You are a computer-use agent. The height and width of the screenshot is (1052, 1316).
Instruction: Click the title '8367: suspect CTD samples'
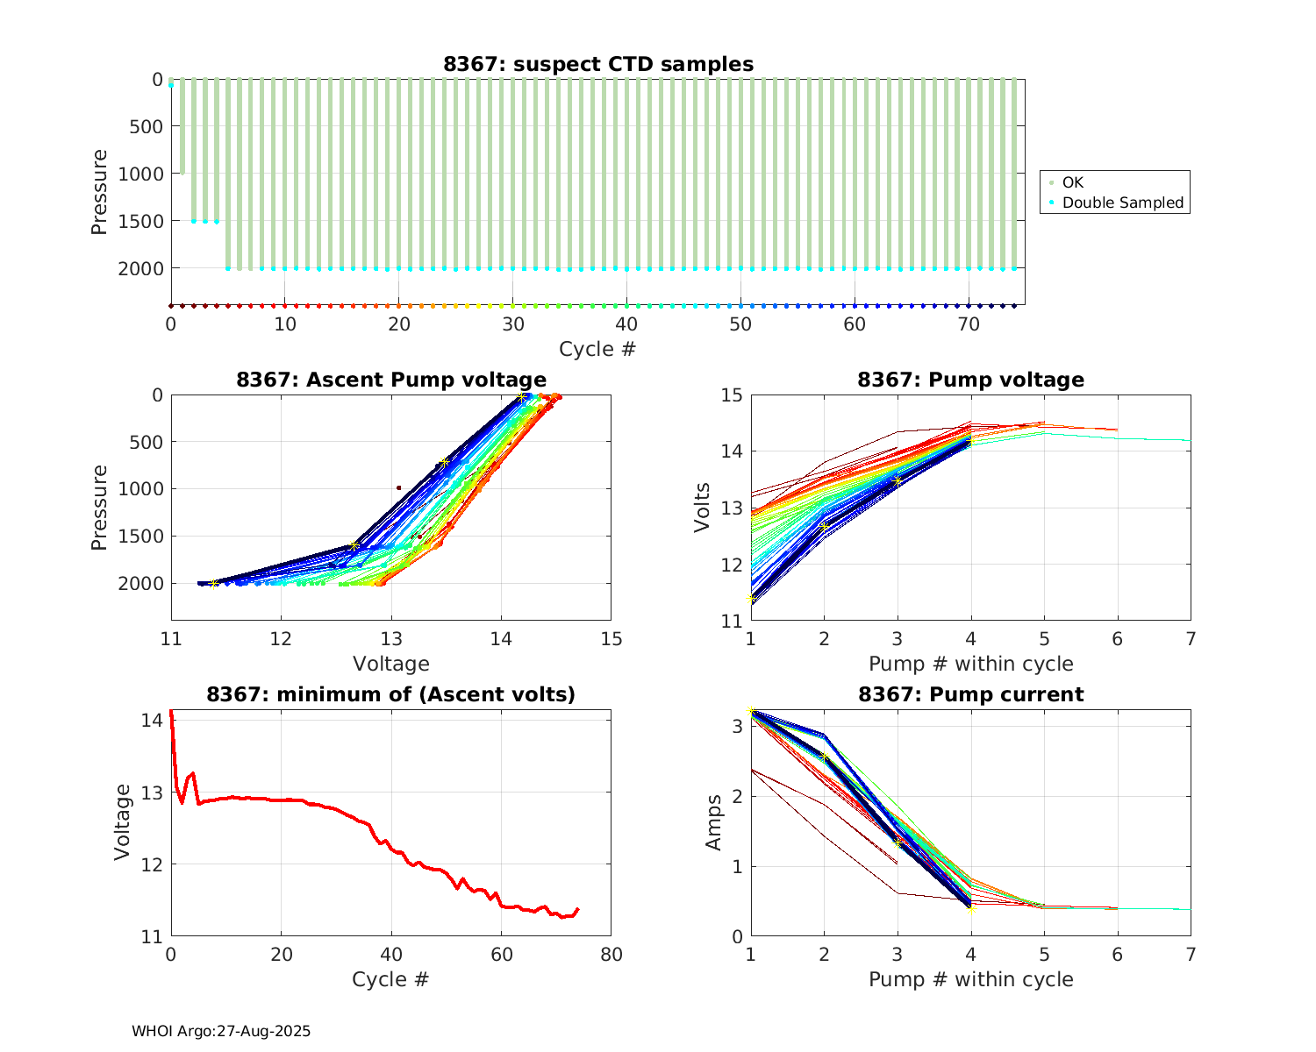pos(597,64)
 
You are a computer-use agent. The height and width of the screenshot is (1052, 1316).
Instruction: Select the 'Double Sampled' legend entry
pos(1122,203)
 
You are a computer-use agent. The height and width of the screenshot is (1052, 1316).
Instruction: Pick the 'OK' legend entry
pos(1072,182)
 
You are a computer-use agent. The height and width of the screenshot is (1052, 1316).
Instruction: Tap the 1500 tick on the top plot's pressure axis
pos(140,221)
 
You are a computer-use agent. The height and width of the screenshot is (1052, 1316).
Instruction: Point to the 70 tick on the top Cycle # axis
pos(968,324)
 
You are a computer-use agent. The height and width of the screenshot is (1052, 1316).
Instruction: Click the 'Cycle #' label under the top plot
pos(597,349)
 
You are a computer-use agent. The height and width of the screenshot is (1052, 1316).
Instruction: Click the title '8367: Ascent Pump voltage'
pos(390,380)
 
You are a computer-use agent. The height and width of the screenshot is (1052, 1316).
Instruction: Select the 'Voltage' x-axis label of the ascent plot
pos(390,664)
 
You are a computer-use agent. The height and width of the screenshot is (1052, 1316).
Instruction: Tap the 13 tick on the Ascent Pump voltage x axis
pos(391,638)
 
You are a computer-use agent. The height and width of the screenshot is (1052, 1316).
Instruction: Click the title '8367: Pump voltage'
pos(970,380)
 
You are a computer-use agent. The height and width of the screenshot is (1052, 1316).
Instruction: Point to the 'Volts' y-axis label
pos(702,508)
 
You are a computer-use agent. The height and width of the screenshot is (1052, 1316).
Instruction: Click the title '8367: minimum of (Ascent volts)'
pos(390,694)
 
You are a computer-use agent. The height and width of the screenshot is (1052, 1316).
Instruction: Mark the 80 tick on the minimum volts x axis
pos(611,955)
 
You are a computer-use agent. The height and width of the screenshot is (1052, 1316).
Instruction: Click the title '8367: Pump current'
pos(970,694)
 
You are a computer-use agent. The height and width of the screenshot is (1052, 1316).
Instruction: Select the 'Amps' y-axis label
pos(714,822)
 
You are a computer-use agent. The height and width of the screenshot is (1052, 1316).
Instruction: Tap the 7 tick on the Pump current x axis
pos(1191,955)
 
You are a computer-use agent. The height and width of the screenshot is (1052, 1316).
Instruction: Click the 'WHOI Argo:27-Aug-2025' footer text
pos(221,1031)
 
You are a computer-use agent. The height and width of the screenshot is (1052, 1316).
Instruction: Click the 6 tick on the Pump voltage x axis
pos(1117,639)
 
